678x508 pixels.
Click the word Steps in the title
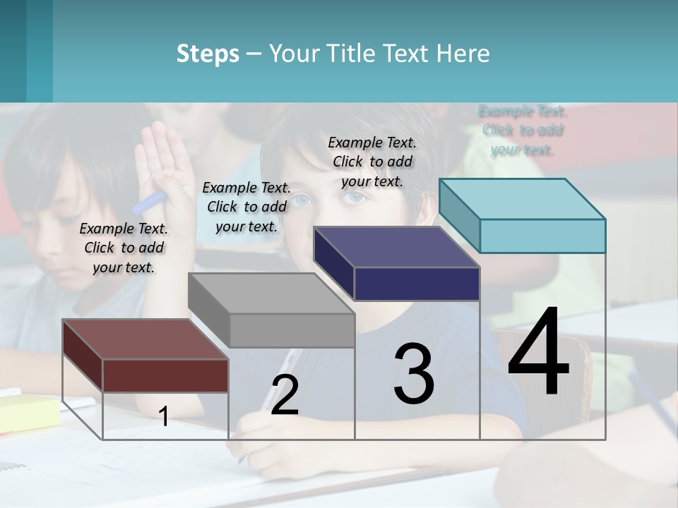tap(208, 54)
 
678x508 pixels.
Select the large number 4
tap(538, 353)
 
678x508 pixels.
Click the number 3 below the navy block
tap(414, 373)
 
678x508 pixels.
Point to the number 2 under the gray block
tap(285, 395)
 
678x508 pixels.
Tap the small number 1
tap(163, 416)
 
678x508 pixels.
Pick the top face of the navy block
tap(396, 247)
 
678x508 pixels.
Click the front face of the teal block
tap(542, 236)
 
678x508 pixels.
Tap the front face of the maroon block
tap(165, 375)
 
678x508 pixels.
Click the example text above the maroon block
tap(124, 248)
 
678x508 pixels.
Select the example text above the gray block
tap(246, 207)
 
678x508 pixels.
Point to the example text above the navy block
tap(372, 162)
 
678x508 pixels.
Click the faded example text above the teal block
tap(523, 131)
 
